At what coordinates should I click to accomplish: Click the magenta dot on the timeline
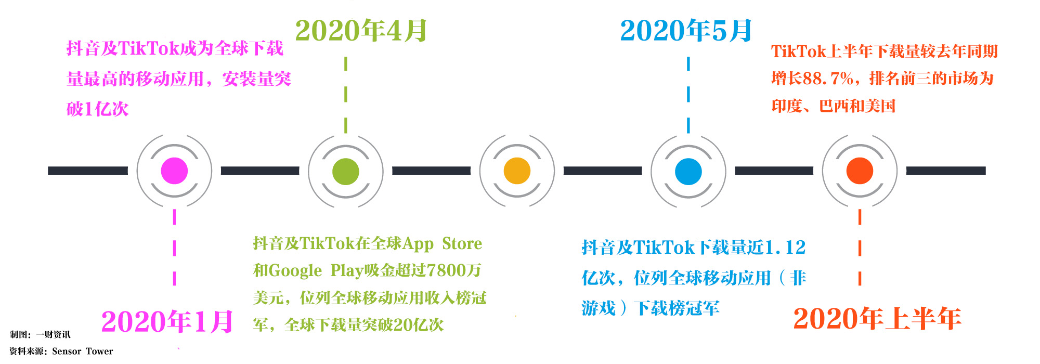pyautogui.click(x=174, y=171)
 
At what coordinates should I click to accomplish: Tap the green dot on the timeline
pyautogui.click(x=345, y=171)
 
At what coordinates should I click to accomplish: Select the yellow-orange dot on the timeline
pyautogui.click(x=517, y=171)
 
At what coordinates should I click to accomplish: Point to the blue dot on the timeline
pyautogui.click(x=688, y=171)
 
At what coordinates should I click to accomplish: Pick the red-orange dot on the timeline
pyautogui.click(x=860, y=171)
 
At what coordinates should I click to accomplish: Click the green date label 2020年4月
pyautogui.click(x=361, y=31)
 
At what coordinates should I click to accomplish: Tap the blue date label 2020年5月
pyautogui.click(x=686, y=31)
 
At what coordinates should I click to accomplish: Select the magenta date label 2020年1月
pyautogui.click(x=167, y=321)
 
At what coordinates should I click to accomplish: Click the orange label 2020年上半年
pyautogui.click(x=877, y=318)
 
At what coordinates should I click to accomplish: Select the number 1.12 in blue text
pyautogui.click(x=785, y=248)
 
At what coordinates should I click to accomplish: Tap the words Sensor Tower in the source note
pyautogui.click(x=82, y=352)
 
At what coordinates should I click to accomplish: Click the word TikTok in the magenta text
pyautogui.click(x=149, y=48)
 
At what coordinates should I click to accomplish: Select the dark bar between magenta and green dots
pyautogui.click(x=260, y=171)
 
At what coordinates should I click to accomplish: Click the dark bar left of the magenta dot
pyautogui.click(x=88, y=171)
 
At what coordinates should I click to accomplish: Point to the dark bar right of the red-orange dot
pyautogui.click(x=946, y=171)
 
